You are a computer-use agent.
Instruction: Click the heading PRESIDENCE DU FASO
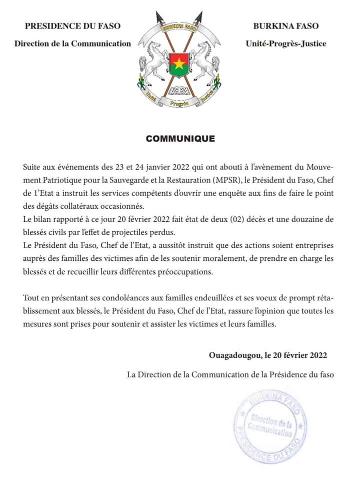coord(72,26)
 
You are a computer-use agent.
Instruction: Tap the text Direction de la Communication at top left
coord(72,44)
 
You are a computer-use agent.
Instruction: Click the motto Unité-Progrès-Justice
coord(286,44)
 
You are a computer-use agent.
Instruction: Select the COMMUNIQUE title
coord(180,139)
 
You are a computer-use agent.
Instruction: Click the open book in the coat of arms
coord(179,91)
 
